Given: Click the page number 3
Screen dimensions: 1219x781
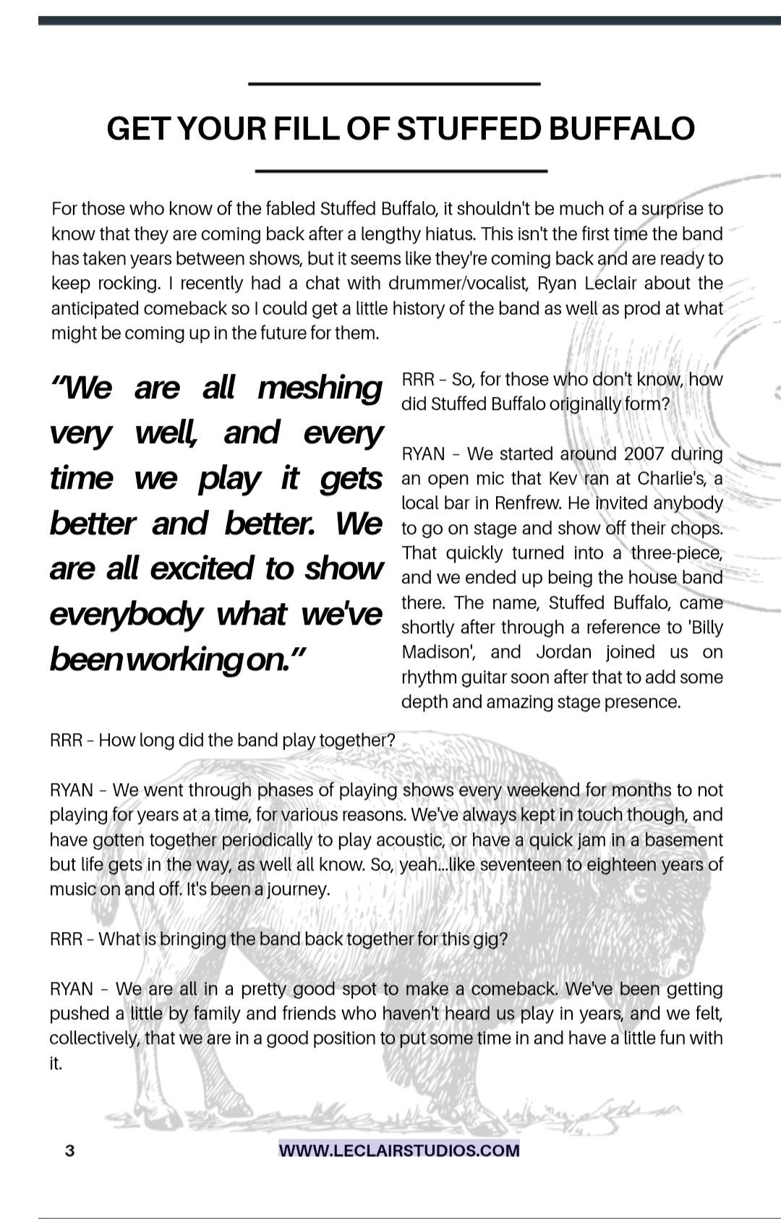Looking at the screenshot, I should (x=69, y=1150).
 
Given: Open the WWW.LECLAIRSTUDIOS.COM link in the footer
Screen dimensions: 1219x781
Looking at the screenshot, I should (x=399, y=1150).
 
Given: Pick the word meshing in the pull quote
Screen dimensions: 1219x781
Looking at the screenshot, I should (x=320, y=388).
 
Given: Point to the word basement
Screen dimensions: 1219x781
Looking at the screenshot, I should (x=682, y=840).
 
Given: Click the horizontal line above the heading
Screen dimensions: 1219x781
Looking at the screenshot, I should (x=394, y=85).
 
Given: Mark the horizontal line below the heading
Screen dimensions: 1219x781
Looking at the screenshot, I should (x=402, y=171).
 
